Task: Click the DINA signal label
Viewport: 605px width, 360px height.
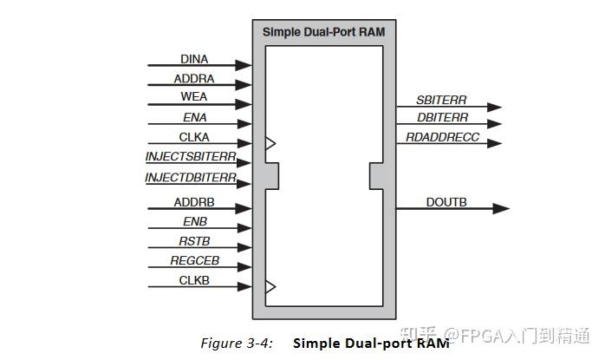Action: (x=194, y=59)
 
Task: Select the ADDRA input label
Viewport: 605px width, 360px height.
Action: (x=193, y=79)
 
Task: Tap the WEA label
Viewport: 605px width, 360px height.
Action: (x=193, y=96)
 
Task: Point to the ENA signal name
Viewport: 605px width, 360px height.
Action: (x=194, y=117)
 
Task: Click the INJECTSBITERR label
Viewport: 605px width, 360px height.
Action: (x=191, y=156)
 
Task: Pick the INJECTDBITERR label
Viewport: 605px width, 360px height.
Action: (x=191, y=177)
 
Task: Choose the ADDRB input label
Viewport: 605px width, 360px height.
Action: (x=194, y=202)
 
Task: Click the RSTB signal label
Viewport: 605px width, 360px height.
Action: (x=194, y=241)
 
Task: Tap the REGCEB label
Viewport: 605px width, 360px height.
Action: (x=194, y=261)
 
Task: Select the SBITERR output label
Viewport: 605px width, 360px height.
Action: (x=441, y=100)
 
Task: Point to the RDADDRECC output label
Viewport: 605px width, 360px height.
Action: (x=442, y=137)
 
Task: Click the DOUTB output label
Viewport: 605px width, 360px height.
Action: (x=446, y=202)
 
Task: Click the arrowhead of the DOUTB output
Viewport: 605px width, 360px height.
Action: (x=501, y=208)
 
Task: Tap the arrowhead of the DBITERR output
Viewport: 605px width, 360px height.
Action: (x=494, y=124)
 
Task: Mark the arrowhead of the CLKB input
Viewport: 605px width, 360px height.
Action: (x=244, y=286)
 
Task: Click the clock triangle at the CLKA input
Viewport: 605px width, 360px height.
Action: (x=270, y=143)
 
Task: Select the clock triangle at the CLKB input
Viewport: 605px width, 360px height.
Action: (x=270, y=286)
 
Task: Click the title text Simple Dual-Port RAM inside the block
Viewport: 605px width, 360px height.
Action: (x=323, y=32)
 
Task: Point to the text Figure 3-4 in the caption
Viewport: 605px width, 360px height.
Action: (x=237, y=343)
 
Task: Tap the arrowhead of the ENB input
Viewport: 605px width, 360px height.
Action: (x=244, y=228)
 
